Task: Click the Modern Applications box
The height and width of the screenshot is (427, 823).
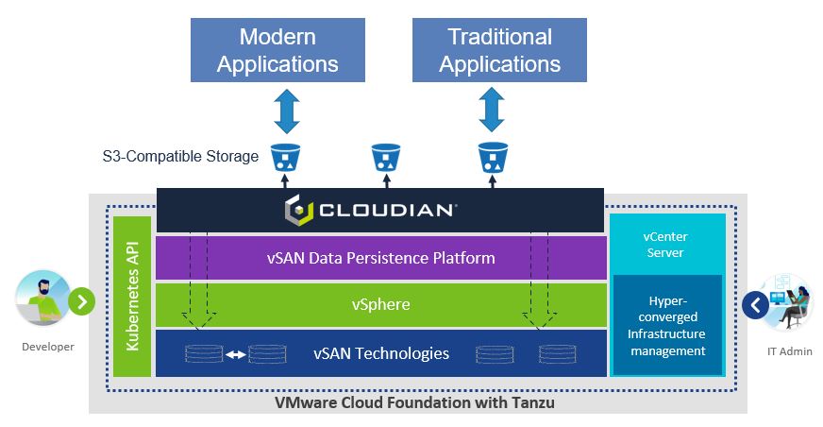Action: (277, 50)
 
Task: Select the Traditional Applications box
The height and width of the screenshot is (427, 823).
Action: (499, 50)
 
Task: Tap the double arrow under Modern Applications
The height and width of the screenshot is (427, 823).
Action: (287, 111)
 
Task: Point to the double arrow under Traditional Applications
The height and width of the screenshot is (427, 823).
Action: (492, 110)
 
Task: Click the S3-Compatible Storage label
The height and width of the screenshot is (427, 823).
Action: (180, 156)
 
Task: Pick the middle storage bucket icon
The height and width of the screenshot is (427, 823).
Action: (386, 158)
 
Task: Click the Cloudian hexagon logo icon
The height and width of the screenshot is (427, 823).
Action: (298, 210)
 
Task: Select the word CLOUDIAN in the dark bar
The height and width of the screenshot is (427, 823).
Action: (387, 211)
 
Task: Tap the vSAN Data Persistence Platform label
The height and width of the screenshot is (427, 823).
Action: (381, 258)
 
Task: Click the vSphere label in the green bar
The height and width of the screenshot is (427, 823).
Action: (381, 304)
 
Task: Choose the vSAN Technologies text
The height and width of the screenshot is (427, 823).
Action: (381, 353)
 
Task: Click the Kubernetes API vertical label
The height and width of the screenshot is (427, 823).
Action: (132, 297)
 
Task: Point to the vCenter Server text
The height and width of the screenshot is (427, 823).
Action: (665, 245)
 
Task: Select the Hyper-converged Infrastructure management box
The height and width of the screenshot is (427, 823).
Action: (667, 325)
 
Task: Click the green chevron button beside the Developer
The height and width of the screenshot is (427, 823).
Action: (82, 301)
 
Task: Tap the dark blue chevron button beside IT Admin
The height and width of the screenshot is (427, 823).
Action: (756, 305)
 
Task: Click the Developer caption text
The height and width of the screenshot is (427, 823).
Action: (48, 347)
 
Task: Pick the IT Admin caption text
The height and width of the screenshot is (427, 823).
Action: (789, 351)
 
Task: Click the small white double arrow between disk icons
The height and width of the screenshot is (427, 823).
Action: (236, 355)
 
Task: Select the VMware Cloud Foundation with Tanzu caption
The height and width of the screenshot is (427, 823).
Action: (414, 402)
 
